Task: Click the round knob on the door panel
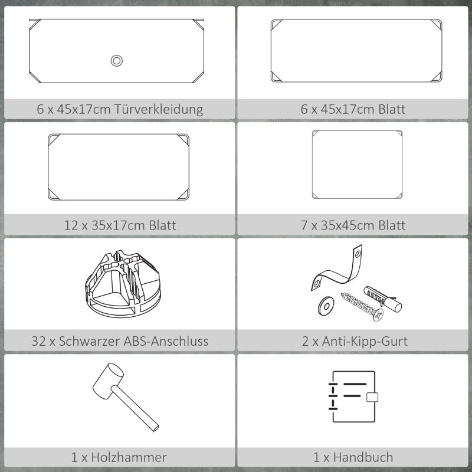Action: [x=116, y=61]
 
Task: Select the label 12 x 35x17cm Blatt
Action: [x=120, y=225]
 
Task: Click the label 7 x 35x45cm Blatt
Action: [x=353, y=225]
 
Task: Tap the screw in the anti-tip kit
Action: [x=362, y=307]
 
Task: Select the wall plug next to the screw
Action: [x=382, y=299]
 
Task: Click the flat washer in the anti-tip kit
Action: [x=326, y=306]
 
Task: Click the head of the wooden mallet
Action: [x=108, y=382]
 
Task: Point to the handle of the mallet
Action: [x=135, y=408]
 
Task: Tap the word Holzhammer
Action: [x=129, y=457]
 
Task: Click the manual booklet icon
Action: [x=353, y=396]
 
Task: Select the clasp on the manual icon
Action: [x=372, y=397]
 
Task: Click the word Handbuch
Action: [x=363, y=457]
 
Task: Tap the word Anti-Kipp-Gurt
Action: [x=365, y=342]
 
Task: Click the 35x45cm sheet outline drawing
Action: [x=357, y=165]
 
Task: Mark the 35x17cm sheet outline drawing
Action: [x=119, y=167]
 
